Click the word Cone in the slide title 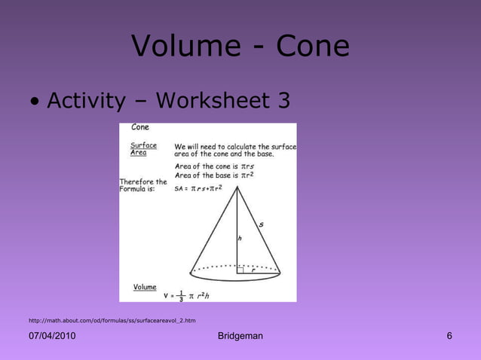313,47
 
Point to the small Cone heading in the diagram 140,127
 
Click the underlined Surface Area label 143,148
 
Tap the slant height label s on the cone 261,224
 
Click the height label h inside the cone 240,238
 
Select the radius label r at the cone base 253,272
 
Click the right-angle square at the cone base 240,269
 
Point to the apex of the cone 237,187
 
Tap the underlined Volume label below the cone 145,287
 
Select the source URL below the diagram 112,320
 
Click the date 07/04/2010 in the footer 52,336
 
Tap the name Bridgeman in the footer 240,336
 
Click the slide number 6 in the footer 449,336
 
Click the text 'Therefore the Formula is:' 143,185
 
